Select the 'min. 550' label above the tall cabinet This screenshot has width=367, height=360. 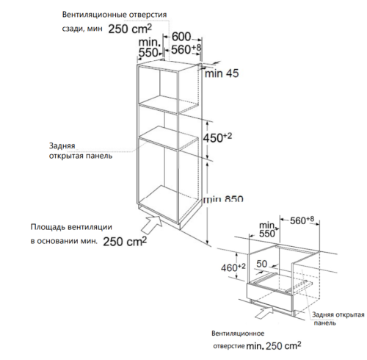(149, 48)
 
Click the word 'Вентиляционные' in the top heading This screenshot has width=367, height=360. (88, 14)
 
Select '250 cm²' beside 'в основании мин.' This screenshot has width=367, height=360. (124, 241)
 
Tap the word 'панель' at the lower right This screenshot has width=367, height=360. (326, 323)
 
